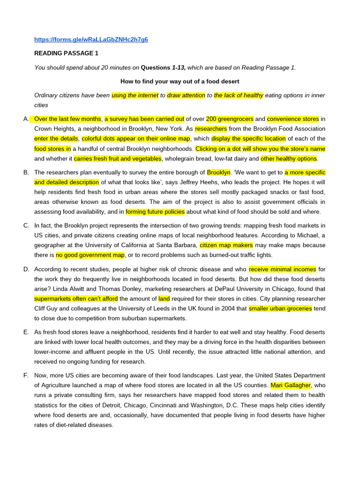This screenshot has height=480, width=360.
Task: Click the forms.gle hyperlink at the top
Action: tap(91, 39)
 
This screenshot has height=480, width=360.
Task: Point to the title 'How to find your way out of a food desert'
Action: tap(180, 81)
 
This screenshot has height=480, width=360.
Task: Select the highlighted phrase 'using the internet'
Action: tap(135, 95)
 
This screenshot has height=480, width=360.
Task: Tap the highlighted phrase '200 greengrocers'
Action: tap(230, 119)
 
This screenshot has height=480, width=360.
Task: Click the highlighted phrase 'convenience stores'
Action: tap(293, 119)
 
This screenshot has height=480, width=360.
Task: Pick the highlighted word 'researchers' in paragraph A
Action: tap(211, 128)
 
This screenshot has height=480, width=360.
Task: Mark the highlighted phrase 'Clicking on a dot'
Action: tap(217, 149)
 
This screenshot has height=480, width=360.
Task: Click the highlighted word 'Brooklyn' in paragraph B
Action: tap(219, 172)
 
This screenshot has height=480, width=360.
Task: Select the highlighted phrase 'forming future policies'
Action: tap(155, 212)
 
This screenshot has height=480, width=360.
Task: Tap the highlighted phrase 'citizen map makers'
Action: tap(226, 245)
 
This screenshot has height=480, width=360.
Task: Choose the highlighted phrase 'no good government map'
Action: tap(90, 255)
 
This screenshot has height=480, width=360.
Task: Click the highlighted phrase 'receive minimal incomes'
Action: tap(282, 269)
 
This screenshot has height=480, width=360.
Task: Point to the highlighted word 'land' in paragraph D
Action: tap(164, 299)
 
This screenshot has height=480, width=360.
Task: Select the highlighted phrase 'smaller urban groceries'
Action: tap(280, 308)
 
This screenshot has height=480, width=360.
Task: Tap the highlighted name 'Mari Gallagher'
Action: tap(291, 385)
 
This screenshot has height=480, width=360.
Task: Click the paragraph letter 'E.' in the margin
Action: tap(26, 332)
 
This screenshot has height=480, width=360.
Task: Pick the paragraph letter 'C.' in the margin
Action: tap(26, 225)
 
